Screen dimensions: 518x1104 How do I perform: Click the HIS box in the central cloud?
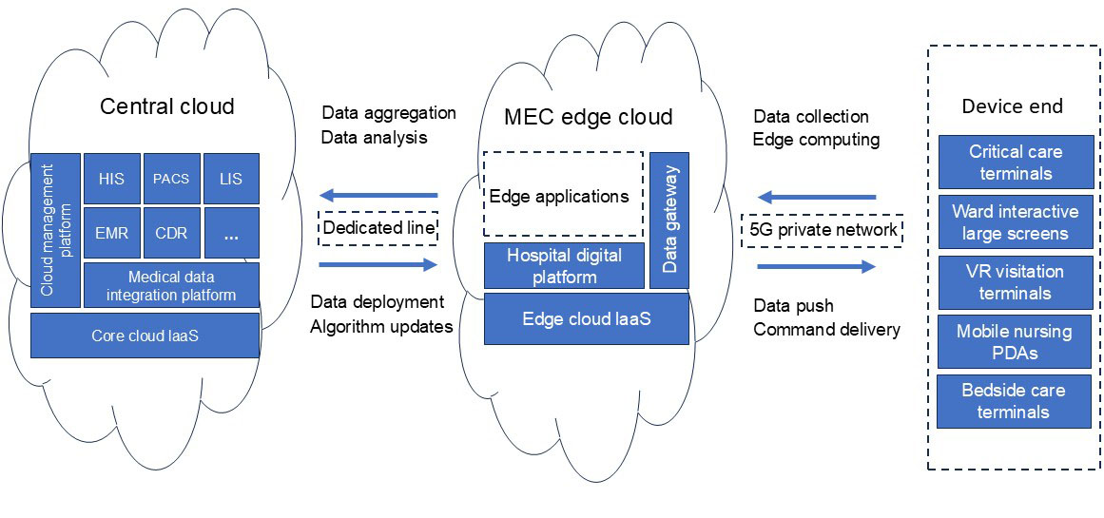click(x=111, y=179)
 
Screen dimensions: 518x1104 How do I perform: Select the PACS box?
click(x=171, y=179)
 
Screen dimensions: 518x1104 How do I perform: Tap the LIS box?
click(x=231, y=179)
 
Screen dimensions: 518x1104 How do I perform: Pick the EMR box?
click(x=111, y=232)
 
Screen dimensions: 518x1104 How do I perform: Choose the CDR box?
click(x=171, y=232)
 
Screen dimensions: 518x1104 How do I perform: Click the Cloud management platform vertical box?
click(x=55, y=229)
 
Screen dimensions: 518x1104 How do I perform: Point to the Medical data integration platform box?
click(x=171, y=285)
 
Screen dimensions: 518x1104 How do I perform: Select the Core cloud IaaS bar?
click(x=145, y=336)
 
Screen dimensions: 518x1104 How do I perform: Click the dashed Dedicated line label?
click(x=378, y=228)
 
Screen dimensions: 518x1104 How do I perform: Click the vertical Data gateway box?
click(x=669, y=220)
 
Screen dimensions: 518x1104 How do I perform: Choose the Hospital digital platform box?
click(x=564, y=266)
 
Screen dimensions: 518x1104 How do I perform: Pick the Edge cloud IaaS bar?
click(x=586, y=318)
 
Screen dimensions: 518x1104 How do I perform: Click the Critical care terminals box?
click(x=1015, y=163)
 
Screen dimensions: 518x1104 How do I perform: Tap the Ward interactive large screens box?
click(x=1015, y=222)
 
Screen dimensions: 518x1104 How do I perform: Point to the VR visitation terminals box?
click(x=1015, y=282)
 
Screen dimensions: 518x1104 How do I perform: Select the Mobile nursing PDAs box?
click(x=1015, y=342)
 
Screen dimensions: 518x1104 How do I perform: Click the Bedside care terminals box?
click(x=1014, y=401)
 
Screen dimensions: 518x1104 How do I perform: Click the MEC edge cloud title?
click(x=588, y=117)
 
